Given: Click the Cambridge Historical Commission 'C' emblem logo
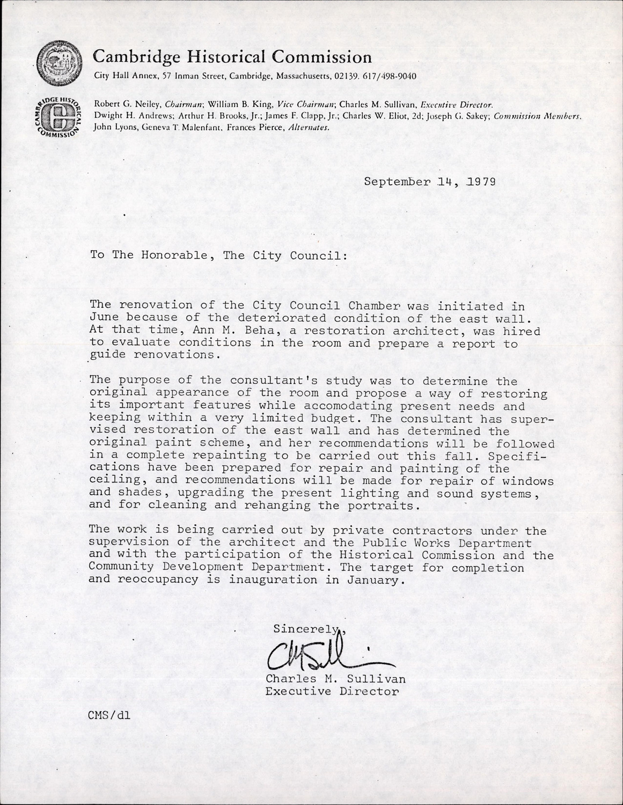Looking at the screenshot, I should [58, 116].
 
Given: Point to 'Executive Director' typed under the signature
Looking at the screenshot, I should [332, 691].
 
